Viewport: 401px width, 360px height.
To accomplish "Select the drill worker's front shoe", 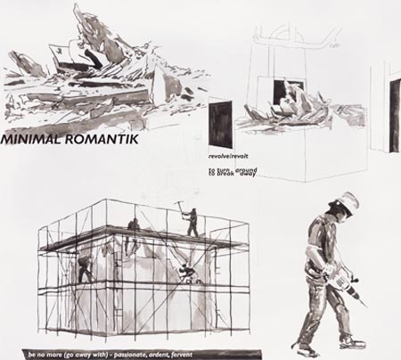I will click(x=349, y=341).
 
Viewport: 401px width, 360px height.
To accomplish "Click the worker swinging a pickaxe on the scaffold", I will click(x=192, y=223).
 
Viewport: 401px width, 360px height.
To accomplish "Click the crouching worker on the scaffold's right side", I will click(x=185, y=269).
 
